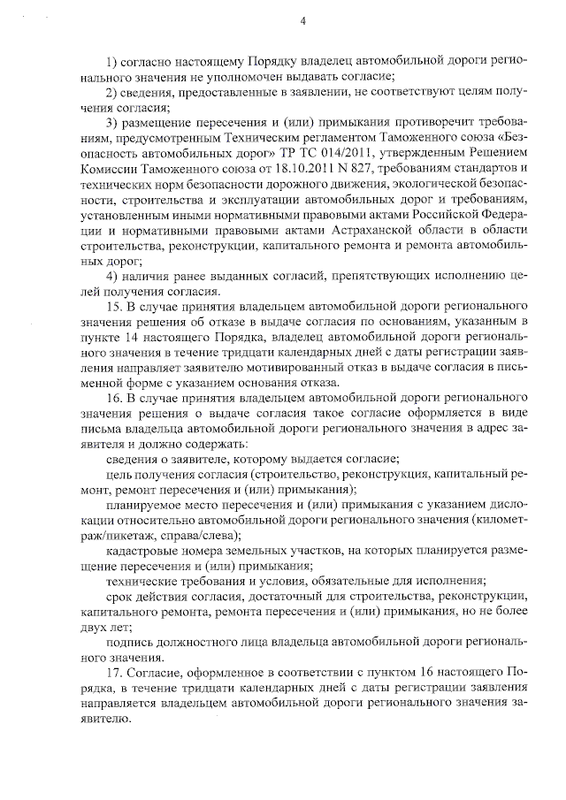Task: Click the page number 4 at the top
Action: (302, 21)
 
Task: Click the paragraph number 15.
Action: (114, 307)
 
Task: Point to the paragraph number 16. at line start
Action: (114, 399)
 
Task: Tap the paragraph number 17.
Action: (114, 674)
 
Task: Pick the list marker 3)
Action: (112, 122)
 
